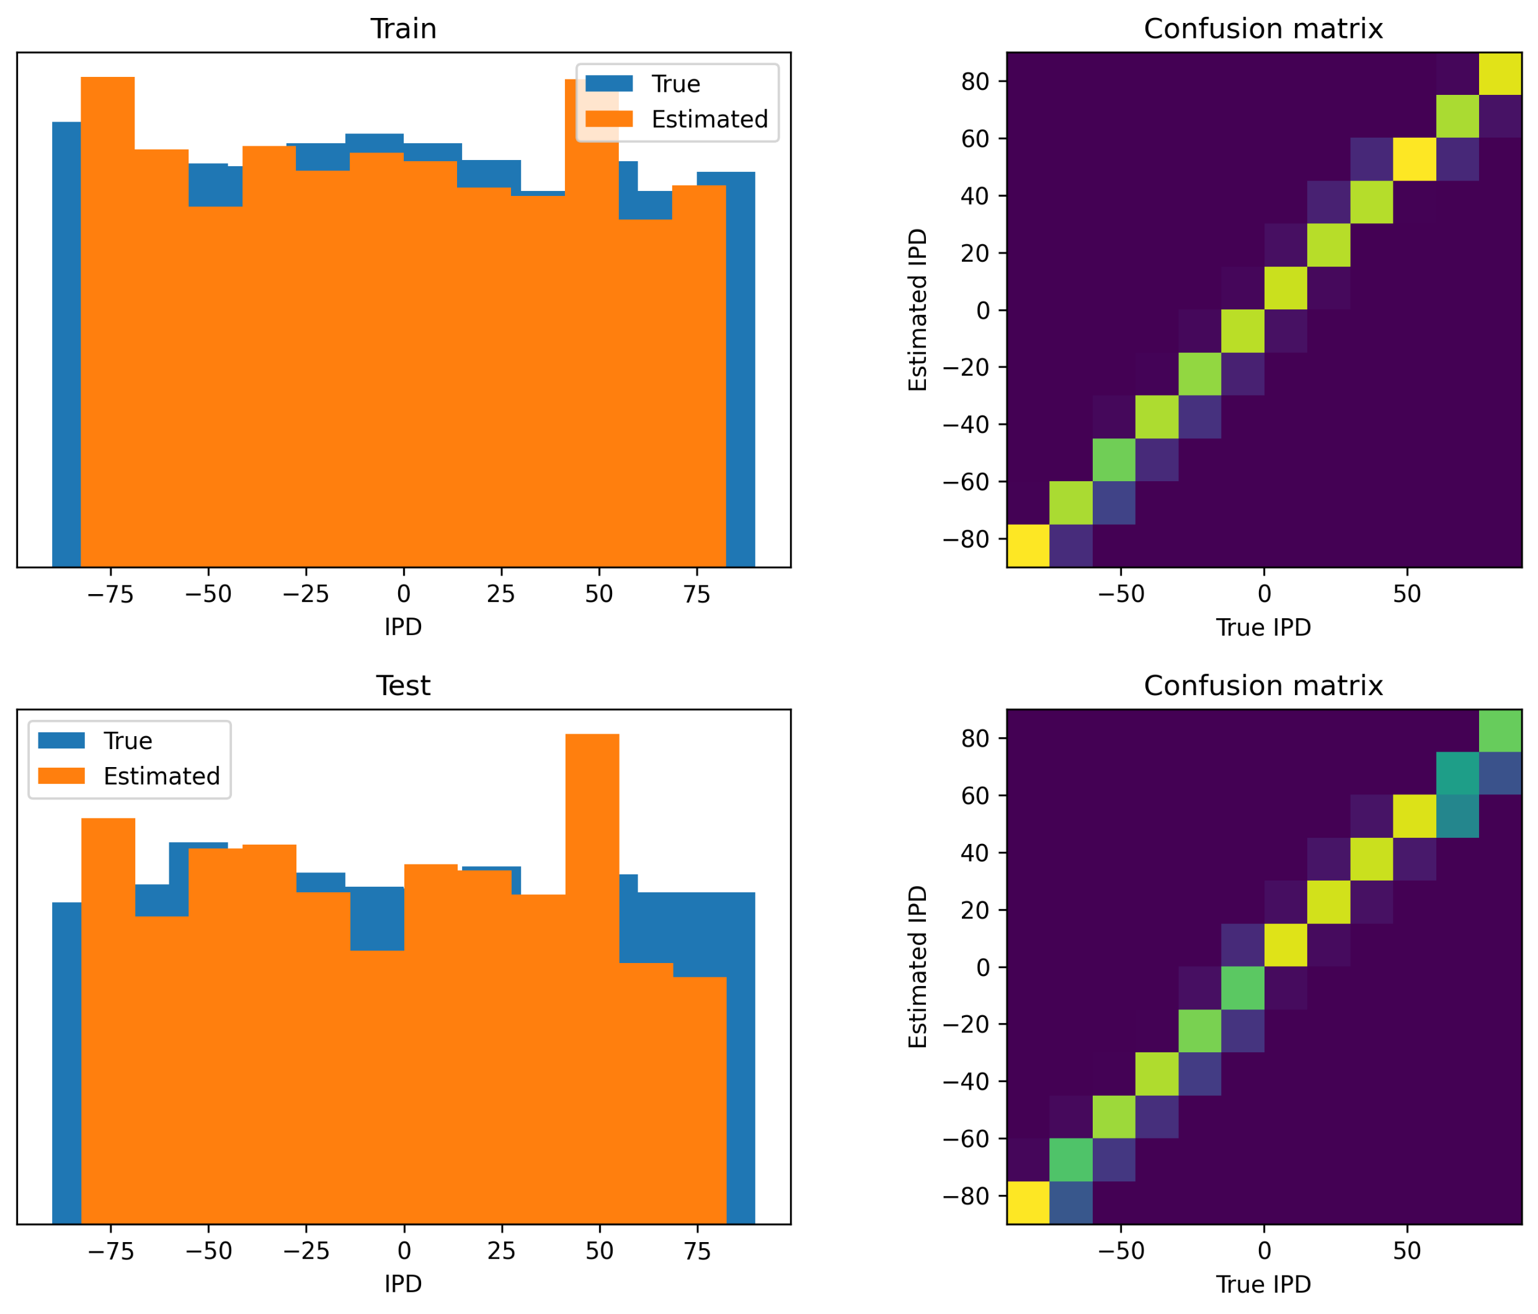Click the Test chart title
coord(403,685)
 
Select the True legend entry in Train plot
coord(641,84)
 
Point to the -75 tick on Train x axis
coord(110,595)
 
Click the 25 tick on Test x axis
coord(501,1251)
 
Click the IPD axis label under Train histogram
coord(403,628)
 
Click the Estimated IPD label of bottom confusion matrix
coord(919,967)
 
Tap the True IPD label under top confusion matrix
coord(1263,628)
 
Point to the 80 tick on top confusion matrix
coord(976,82)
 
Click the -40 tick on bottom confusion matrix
coord(966,1081)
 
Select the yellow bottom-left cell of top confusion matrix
coord(1028,545)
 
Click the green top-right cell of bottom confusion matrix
coord(1500,731)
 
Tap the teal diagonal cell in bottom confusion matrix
coord(1457,773)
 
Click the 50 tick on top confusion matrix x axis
coord(1407,594)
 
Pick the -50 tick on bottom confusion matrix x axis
coord(1121,1251)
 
